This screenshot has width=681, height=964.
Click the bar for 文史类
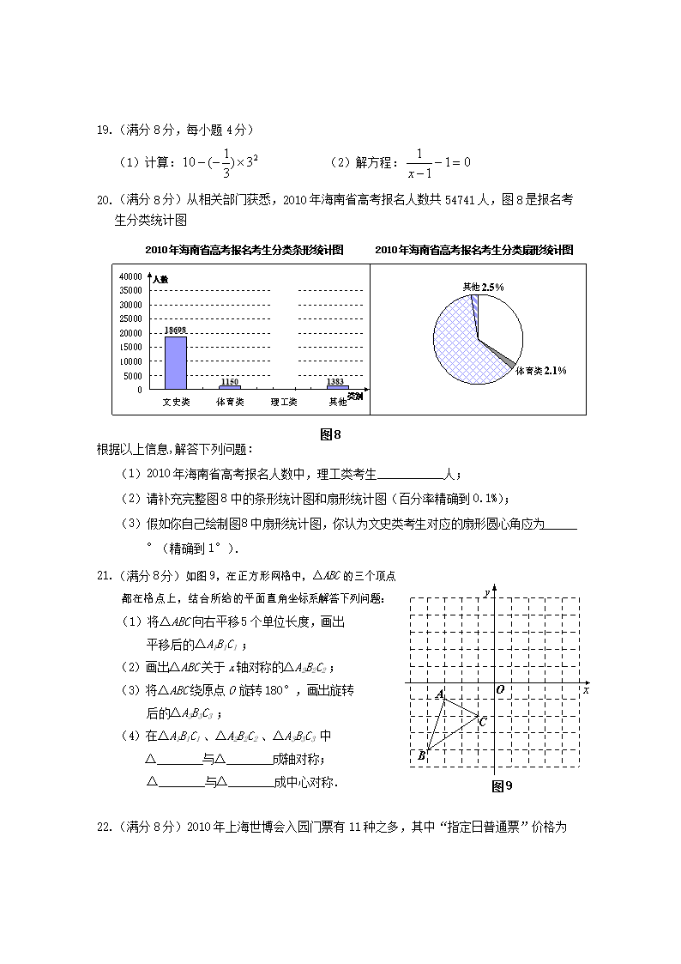click(x=175, y=362)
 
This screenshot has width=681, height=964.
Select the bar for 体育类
click(x=230, y=387)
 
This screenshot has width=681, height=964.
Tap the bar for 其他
click(x=338, y=387)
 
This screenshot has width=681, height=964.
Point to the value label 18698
click(x=175, y=330)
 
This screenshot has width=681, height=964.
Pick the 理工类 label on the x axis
click(x=284, y=402)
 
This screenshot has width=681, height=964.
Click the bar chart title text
click(x=244, y=250)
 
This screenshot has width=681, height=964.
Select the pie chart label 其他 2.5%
click(x=483, y=287)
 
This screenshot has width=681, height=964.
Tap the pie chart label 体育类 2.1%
click(x=540, y=371)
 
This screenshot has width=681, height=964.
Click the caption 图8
click(x=330, y=434)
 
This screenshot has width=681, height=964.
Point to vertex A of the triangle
click(x=440, y=694)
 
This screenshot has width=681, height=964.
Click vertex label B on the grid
click(x=421, y=756)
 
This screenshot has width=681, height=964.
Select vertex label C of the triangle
click(x=483, y=722)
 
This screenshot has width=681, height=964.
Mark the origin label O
click(x=499, y=689)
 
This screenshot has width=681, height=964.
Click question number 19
click(x=105, y=130)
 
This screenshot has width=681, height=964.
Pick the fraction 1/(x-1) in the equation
click(x=419, y=162)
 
